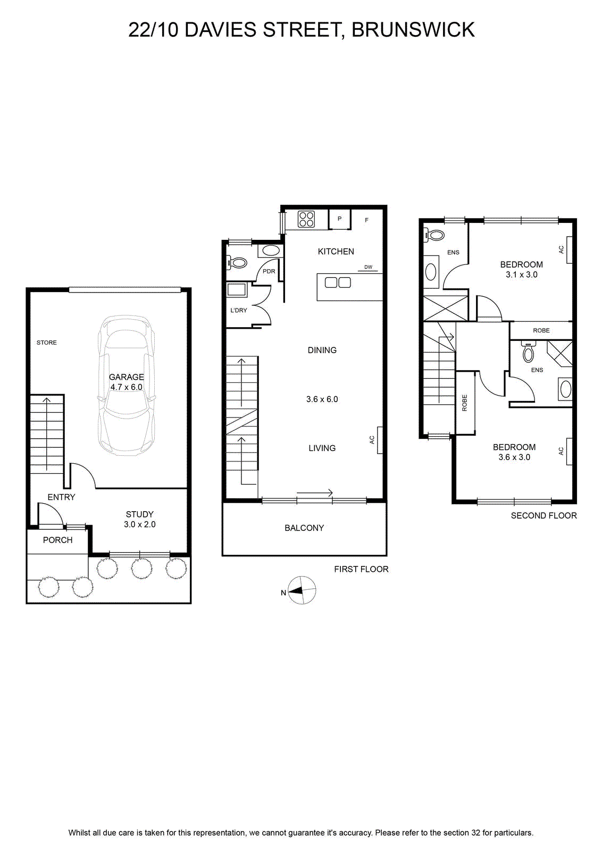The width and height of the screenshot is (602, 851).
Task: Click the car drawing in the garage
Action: tap(126, 385)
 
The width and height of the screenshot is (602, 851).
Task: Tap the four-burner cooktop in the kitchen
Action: tap(306, 219)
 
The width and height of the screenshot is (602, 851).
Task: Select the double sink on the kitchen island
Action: tap(338, 282)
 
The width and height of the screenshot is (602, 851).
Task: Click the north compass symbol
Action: tap(302, 590)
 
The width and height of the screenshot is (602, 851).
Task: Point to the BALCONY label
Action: tap(304, 528)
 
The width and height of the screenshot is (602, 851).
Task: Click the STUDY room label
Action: tap(140, 514)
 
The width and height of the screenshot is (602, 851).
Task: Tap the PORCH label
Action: tap(58, 540)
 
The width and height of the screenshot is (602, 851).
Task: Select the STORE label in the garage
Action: tap(47, 343)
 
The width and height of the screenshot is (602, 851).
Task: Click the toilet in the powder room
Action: tap(237, 263)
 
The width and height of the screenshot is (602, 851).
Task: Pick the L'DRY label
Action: tap(239, 310)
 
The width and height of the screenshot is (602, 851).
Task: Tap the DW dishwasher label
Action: tap(369, 267)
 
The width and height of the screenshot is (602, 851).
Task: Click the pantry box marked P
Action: tap(339, 219)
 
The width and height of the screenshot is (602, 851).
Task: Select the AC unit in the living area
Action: tap(380, 440)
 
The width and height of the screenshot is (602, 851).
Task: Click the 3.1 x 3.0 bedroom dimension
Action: tap(522, 274)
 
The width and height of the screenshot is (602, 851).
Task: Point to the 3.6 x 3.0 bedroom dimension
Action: tap(514, 457)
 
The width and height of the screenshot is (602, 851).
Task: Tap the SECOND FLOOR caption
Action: tap(544, 515)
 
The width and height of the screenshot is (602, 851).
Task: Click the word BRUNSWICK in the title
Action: tap(413, 30)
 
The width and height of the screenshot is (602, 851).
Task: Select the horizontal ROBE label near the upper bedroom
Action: tap(541, 330)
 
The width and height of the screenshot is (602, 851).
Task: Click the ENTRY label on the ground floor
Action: tap(62, 497)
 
